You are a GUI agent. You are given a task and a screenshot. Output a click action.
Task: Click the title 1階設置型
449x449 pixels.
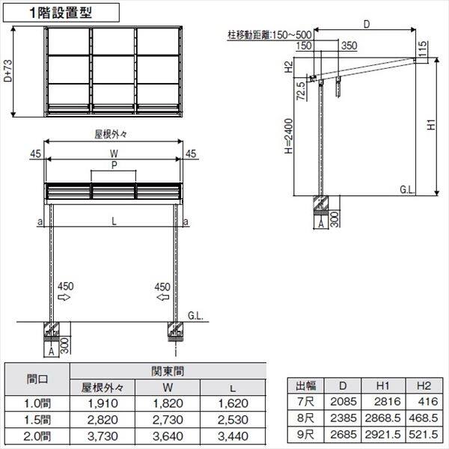coord(62,12)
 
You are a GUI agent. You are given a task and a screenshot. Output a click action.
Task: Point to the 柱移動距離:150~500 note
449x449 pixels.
coord(269,34)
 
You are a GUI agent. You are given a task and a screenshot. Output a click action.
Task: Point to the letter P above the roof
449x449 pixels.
coord(113,163)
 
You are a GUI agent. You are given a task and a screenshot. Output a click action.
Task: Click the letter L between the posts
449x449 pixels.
coord(113,222)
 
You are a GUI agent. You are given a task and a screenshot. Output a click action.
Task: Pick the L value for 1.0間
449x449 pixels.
coord(235,405)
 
